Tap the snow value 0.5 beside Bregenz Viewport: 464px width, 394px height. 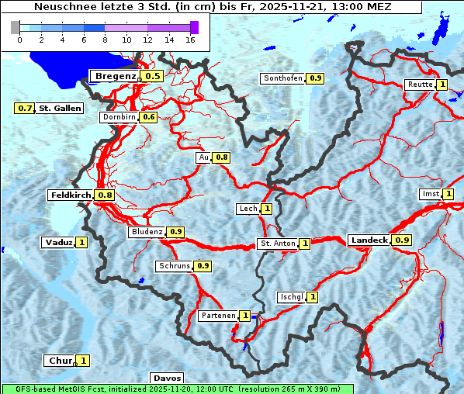tap(152, 76)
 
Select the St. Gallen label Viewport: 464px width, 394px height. tap(60, 108)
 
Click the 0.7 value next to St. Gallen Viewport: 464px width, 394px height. tap(25, 108)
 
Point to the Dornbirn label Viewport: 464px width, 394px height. tap(119, 117)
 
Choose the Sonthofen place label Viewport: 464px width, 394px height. tap(283, 78)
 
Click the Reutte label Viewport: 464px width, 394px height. tap(419, 85)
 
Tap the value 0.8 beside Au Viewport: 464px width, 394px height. tap(222, 157)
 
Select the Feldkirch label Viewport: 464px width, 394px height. tap(71, 195)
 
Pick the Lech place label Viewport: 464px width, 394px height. tap(248, 209)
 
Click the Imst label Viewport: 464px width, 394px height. tap(429, 193)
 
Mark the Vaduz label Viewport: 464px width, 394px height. tap(59, 242)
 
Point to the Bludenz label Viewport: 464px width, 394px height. tap(147, 232)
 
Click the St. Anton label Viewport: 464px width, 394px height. tap(277, 244)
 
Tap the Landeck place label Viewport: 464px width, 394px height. tap(369, 240)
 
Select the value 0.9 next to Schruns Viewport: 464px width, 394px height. tap(203, 266)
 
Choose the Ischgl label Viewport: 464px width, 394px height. tap(291, 297)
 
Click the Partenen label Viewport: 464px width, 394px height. tap(218, 316)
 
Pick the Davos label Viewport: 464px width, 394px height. tap(167, 378)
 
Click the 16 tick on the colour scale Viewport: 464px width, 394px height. tap(189, 39)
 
